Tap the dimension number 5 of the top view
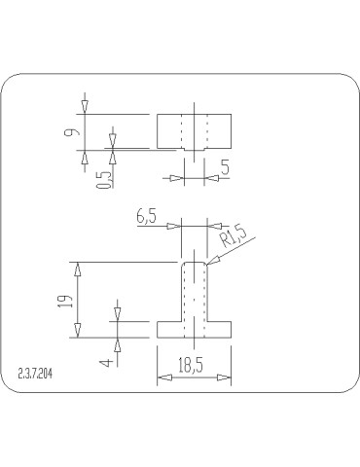pyautogui.click(x=225, y=167)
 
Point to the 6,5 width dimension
pyautogui.click(x=148, y=218)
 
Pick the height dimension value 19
pyautogui.click(x=64, y=301)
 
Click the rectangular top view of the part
pyautogui.click(x=195, y=131)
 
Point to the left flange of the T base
pyautogui.click(x=169, y=329)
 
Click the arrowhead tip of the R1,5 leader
pyautogui.click(x=207, y=263)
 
